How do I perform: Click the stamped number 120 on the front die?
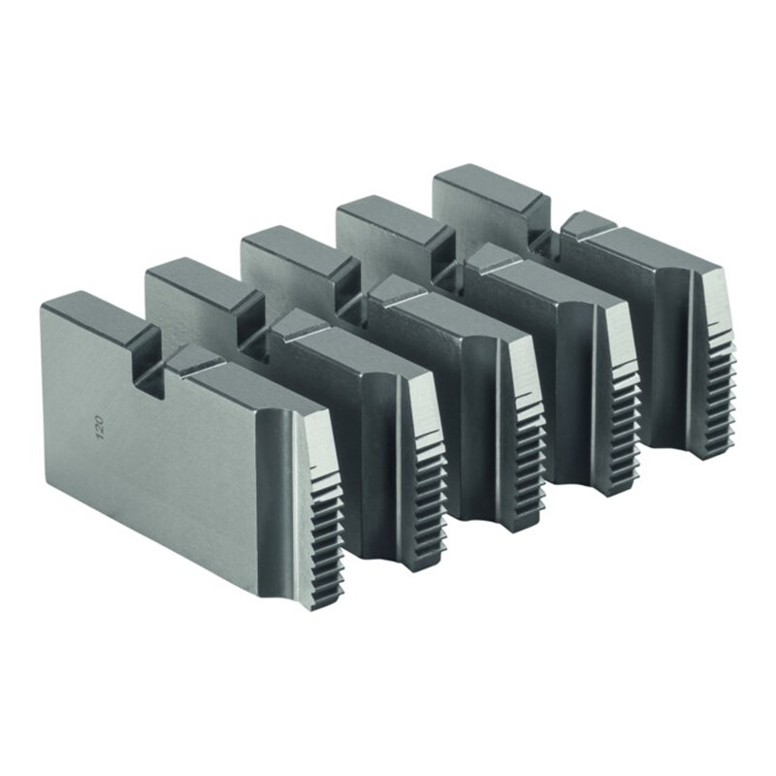[100, 428]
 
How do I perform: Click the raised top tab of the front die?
[94, 317]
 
